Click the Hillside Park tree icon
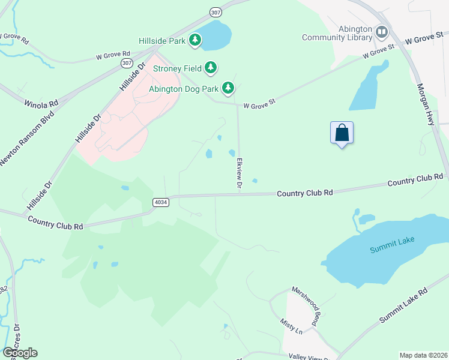[195, 41]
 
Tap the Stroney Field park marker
[210, 68]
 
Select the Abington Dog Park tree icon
[228, 89]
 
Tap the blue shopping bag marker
[342, 133]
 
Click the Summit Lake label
[392, 244]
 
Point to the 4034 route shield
[160, 202]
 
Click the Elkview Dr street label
[239, 175]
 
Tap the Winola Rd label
[41, 103]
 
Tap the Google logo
[20, 353]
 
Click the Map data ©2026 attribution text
[423, 355]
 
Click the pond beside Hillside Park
[215, 36]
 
